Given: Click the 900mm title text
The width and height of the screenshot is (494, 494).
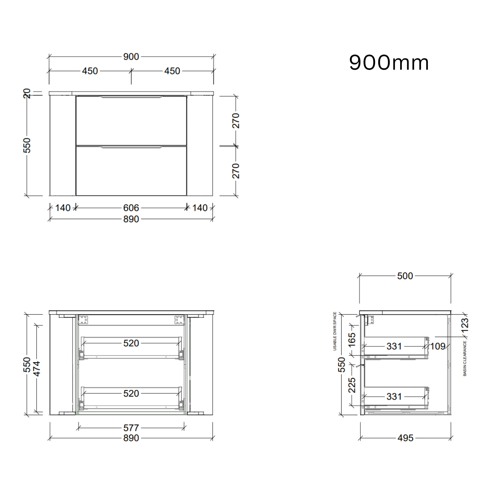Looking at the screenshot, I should tap(389, 63).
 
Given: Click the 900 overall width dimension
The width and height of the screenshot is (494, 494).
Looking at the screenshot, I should tap(131, 57).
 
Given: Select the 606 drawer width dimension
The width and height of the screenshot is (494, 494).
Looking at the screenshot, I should tap(131, 208).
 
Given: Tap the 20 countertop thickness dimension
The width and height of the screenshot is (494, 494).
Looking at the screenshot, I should tap(27, 93).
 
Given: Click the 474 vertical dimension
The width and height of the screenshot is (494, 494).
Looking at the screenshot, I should tap(37, 369).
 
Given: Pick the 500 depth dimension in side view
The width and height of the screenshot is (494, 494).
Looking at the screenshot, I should tap(405, 276).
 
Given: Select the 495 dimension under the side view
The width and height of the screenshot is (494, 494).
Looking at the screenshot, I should tap(405, 438).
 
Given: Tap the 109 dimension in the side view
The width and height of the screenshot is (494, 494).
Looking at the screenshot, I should tap(438, 346).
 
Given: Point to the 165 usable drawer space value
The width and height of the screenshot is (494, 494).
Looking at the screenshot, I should tap(352, 340).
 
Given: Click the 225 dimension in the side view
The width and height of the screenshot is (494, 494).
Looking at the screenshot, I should tap(352, 385).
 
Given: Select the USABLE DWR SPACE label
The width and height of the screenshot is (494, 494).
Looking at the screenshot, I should tap(335, 331).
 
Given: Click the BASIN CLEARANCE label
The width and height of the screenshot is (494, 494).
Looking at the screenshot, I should tap(465, 358).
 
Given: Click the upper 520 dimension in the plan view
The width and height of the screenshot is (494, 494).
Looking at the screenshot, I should tap(131, 343).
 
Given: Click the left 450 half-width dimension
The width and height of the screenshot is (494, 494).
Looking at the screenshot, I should tap(90, 71).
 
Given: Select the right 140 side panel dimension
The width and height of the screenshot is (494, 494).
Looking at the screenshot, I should tap(200, 208).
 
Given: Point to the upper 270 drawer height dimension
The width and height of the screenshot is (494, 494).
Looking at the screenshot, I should tap(236, 120).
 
